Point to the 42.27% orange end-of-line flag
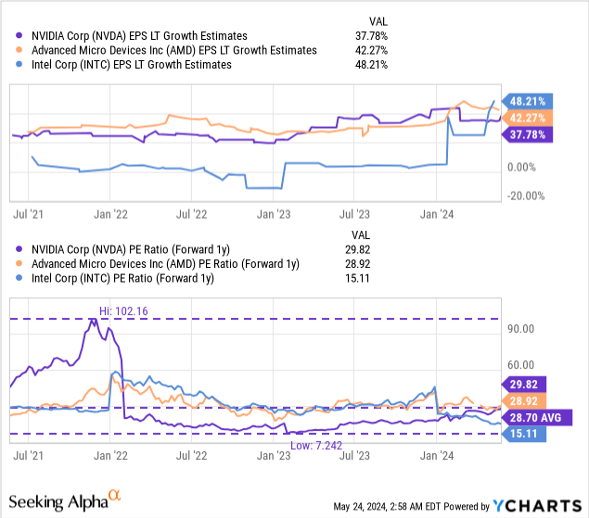pyautogui.click(x=528, y=118)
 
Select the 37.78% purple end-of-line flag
pyautogui.click(x=528, y=133)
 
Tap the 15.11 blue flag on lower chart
pyautogui.click(x=524, y=434)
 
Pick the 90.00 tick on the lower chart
pyautogui.click(x=522, y=329)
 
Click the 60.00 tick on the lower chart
pyautogui.click(x=522, y=365)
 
